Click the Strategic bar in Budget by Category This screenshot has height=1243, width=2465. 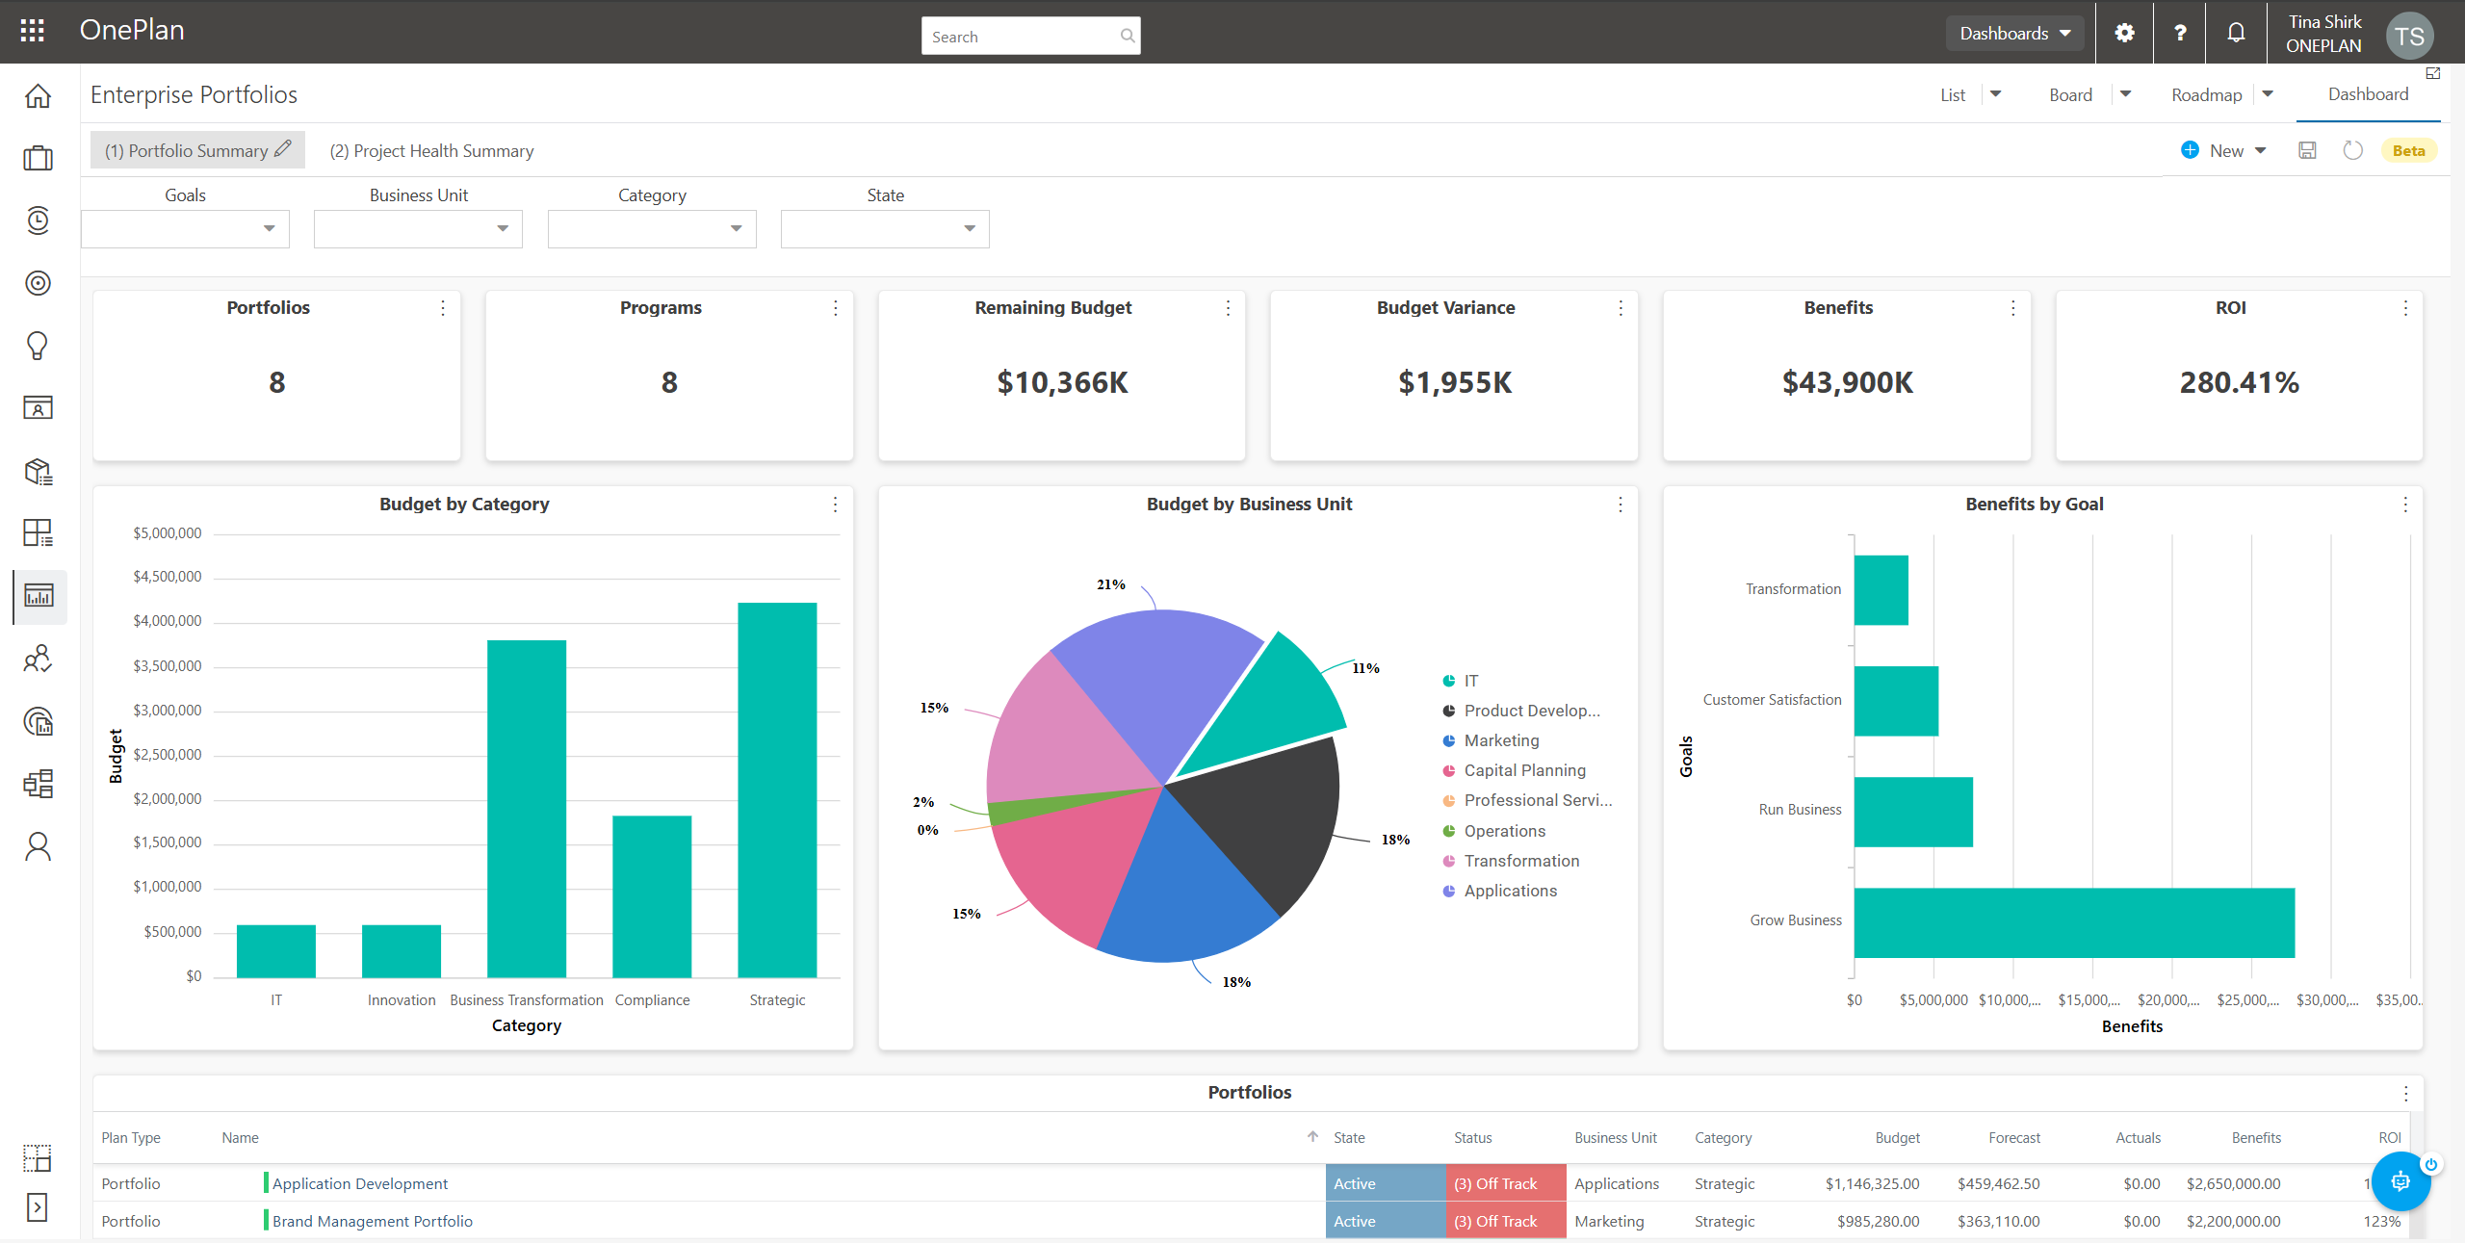pos(777,790)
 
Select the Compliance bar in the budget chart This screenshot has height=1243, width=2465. pos(652,896)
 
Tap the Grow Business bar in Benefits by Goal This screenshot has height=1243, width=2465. pos(2073,922)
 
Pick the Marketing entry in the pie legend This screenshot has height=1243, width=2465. pos(1501,740)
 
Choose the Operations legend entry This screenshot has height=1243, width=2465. pos(1504,831)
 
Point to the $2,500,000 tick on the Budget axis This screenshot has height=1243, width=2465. pos(168,755)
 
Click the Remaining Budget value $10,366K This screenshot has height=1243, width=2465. pos(1062,383)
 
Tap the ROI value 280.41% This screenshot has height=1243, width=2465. pos(2239,383)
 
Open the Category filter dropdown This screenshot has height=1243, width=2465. pos(652,229)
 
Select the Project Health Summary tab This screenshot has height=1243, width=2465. pos(431,151)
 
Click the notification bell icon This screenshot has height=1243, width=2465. pos(2236,33)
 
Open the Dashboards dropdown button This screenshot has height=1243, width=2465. pos(2014,33)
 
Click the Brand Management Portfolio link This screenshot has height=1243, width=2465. pos(373,1221)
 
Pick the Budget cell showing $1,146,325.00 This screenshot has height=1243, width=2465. pos(1872,1183)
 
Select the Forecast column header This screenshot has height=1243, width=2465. pos(2014,1138)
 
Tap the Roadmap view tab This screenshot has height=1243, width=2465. pos(2206,94)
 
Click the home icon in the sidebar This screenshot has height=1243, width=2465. pos(38,96)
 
